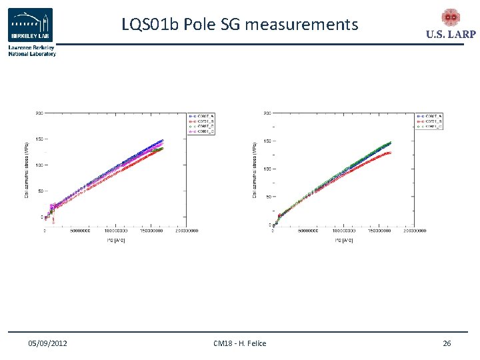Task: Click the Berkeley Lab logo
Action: [31, 25]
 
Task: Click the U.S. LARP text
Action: [451, 35]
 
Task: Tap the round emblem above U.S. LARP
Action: [451, 18]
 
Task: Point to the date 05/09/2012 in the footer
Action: [47, 343]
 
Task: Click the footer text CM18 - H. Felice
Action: [239, 343]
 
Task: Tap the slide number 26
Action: [447, 343]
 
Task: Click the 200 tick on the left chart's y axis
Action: [39, 113]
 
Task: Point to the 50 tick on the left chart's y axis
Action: [40, 191]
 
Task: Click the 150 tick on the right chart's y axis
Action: [267, 141]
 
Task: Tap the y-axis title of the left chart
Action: [27, 169]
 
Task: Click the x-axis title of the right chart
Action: [341, 239]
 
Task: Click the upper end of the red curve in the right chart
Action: [391, 153]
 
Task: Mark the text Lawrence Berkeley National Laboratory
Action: [31, 51]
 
